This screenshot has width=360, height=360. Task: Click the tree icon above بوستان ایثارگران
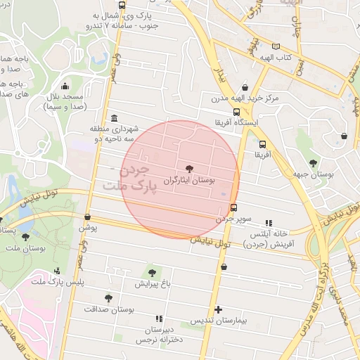pos(188,168)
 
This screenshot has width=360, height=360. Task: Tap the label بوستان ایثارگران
pos(188,181)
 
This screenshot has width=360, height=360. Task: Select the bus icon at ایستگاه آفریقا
pos(237,112)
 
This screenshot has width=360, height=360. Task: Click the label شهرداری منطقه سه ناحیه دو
pos(115,134)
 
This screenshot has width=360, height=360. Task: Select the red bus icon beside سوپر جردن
pos(233,207)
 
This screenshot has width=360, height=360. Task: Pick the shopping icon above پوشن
pos(87,217)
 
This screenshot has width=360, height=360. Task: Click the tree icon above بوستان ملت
pos(26,238)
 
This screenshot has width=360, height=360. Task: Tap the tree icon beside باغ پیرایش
pos(152,272)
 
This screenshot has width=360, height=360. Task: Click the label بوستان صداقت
pos(109,309)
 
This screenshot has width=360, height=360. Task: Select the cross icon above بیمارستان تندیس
pos(219,309)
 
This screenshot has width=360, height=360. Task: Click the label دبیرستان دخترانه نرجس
pos(159,334)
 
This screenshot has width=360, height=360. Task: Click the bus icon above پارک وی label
pos(122,5)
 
